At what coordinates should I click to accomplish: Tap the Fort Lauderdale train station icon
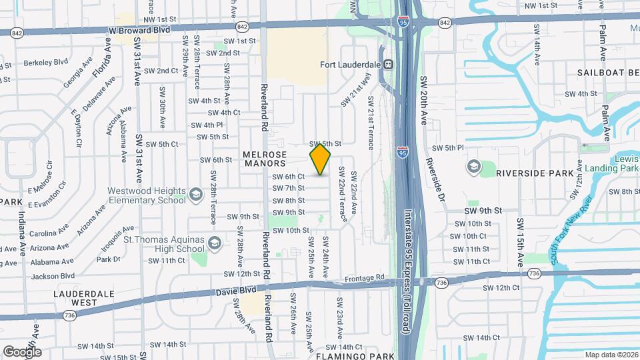(x=387, y=65)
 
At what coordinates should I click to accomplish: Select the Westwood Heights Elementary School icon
(x=196, y=194)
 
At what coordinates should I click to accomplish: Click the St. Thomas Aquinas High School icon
(x=215, y=242)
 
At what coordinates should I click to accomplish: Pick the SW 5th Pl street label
(x=448, y=148)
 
